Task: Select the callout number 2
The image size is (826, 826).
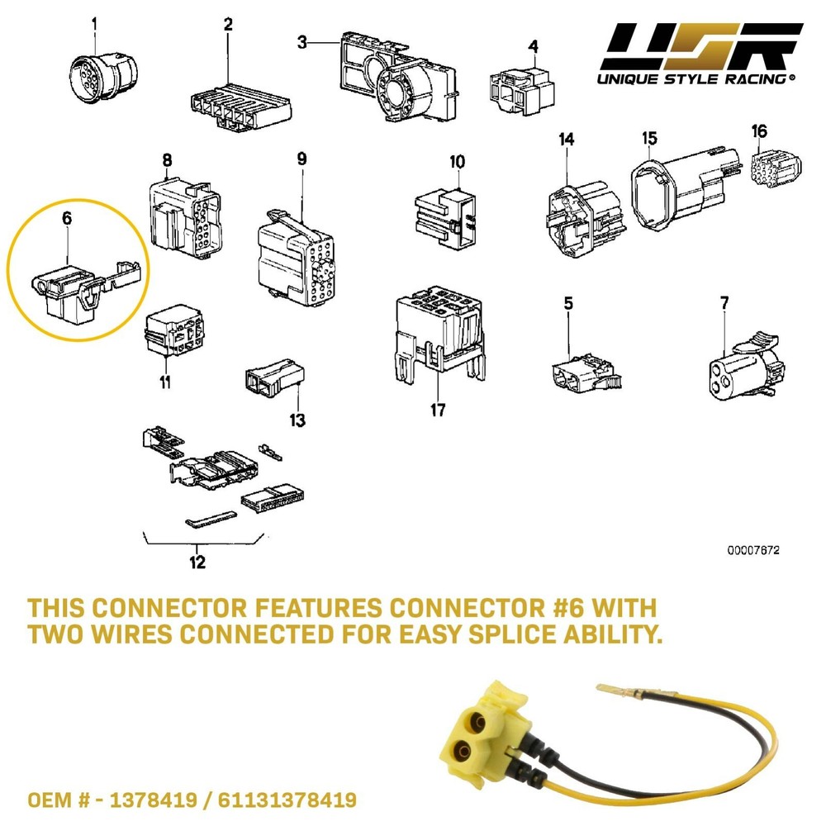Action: (x=228, y=25)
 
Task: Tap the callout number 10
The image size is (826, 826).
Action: (x=458, y=160)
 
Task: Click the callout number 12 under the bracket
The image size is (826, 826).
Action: (x=197, y=563)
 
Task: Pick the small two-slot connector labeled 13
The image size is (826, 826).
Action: (x=269, y=379)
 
